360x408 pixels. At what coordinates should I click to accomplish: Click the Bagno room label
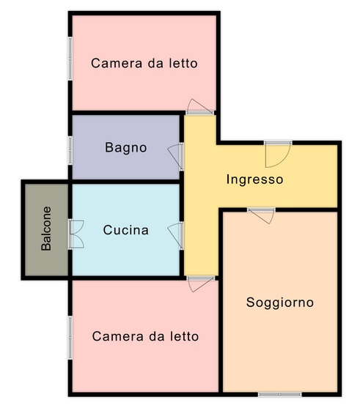click(126, 148)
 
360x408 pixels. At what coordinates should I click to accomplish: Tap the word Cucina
click(126, 230)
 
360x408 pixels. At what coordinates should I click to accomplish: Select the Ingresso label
click(254, 179)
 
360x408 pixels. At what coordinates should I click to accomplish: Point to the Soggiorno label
click(280, 303)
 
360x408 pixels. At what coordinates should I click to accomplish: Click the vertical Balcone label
click(46, 229)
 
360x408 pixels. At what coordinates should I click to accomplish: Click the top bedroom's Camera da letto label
click(144, 64)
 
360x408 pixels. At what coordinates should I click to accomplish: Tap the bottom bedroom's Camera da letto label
click(145, 336)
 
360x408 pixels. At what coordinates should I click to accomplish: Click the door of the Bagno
click(176, 156)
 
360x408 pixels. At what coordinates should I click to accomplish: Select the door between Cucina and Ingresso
click(176, 236)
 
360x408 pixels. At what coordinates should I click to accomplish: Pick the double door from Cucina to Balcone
click(76, 234)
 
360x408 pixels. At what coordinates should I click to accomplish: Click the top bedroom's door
click(200, 106)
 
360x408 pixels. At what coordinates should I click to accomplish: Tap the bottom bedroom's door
click(201, 283)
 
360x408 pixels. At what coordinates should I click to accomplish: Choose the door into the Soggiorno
click(261, 215)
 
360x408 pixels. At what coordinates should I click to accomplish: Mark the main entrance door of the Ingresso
click(278, 155)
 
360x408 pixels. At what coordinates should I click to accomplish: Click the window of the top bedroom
click(70, 59)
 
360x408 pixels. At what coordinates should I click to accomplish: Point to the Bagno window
click(70, 150)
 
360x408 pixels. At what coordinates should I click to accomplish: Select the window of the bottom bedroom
click(70, 338)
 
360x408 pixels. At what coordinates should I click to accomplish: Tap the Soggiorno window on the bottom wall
click(280, 395)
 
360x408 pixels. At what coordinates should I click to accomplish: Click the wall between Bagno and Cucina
click(125, 182)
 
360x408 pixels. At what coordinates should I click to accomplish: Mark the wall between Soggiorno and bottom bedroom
click(221, 302)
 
